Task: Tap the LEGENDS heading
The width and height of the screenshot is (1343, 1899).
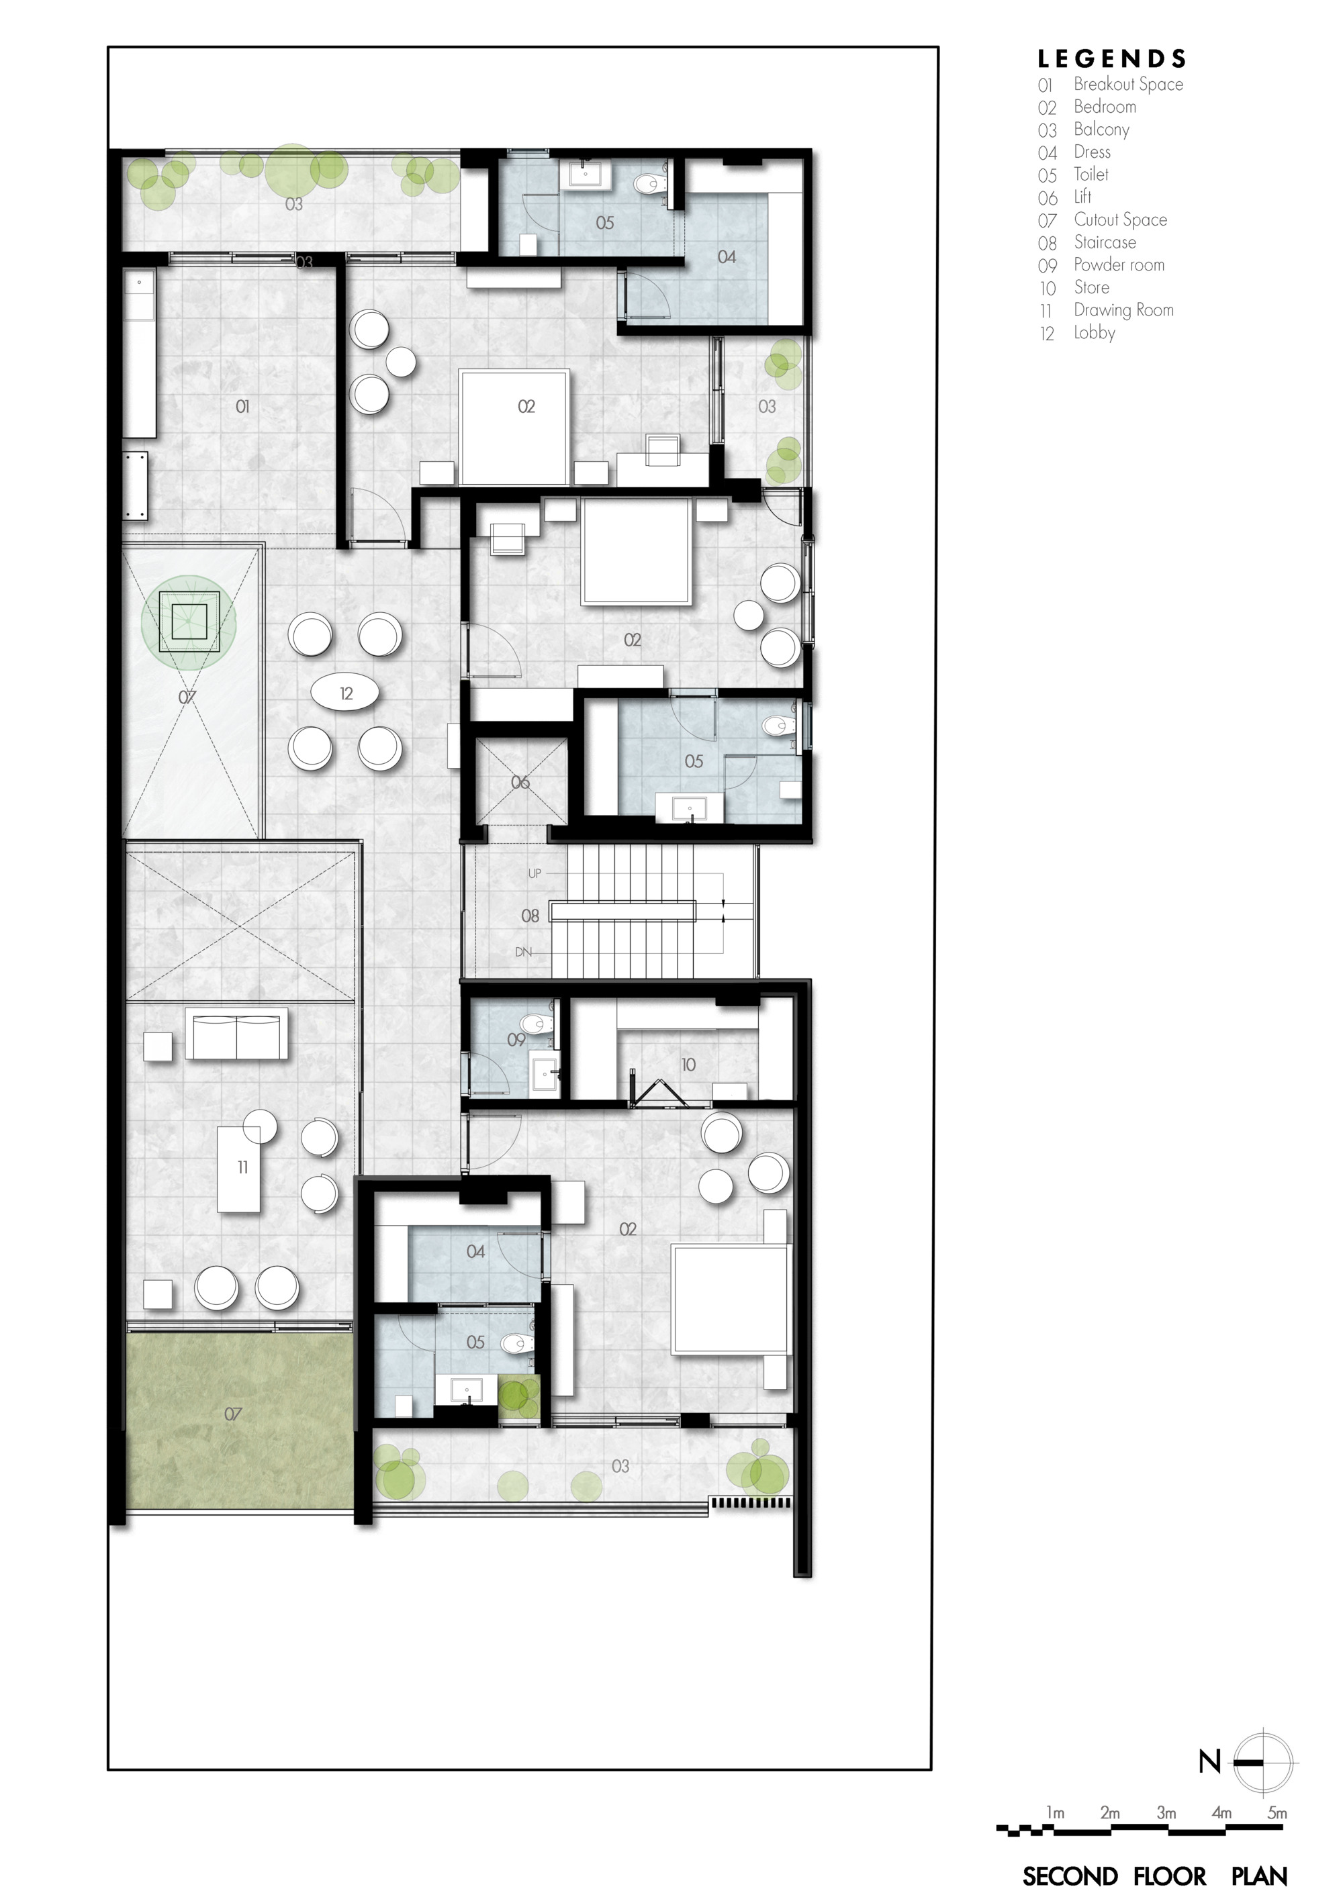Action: click(x=1112, y=58)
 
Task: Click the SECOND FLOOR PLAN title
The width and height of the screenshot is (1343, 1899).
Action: click(x=1154, y=1876)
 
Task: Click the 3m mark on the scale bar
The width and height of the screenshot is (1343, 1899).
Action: click(x=1166, y=1813)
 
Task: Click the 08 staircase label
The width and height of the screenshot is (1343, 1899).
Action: click(x=530, y=916)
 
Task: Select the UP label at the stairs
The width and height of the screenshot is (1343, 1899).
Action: click(x=535, y=873)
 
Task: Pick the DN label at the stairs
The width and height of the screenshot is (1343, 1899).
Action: click(x=523, y=952)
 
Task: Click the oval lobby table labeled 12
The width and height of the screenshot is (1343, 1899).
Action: click(x=346, y=693)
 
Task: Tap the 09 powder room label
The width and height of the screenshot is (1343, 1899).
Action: click(x=516, y=1040)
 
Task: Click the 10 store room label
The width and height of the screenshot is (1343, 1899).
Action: click(x=688, y=1065)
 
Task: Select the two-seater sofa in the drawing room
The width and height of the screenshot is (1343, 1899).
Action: click(x=236, y=1034)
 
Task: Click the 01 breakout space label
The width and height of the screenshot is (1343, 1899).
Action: click(x=242, y=406)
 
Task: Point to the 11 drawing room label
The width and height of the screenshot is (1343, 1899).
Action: click(x=242, y=1167)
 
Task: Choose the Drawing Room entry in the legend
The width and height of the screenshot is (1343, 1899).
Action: click(x=1123, y=310)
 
